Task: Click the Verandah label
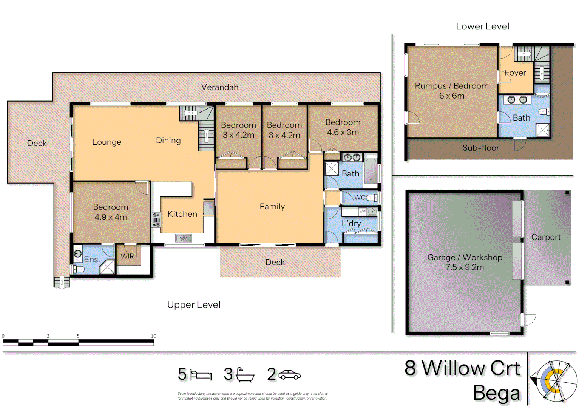pyautogui.click(x=220, y=87)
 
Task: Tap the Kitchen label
pyautogui.click(x=182, y=214)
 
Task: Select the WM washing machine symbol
pyautogui.click(x=363, y=212)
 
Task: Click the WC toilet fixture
pyautogui.click(x=372, y=198)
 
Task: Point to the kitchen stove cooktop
pyautogui.click(x=156, y=220)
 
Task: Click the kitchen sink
pyautogui.click(x=184, y=238)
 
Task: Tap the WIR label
pyautogui.click(x=127, y=256)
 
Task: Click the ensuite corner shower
pyautogui.click(x=107, y=267)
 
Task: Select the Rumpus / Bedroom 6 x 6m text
pyautogui.click(x=452, y=91)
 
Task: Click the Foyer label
pyautogui.click(x=515, y=73)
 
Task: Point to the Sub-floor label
pyautogui.click(x=481, y=148)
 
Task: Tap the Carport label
pyautogui.click(x=546, y=237)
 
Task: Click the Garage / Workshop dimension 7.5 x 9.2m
pyautogui.click(x=465, y=267)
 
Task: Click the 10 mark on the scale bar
pyautogui.click(x=153, y=336)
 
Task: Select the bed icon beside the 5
pyautogui.click(x=201, y=375)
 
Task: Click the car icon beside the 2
pyautogui.click(x=290, y=375)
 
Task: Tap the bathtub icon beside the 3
pyautogui.click(x=245, y=375)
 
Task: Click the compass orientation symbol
pyautogui.click(x=554, y=381)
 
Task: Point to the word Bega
pyautogui.click(x=497, y=393)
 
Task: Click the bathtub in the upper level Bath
pyautogui.click(x=371, y=171)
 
